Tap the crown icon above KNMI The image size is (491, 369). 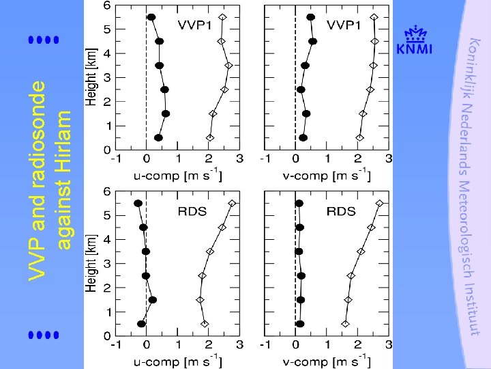415,34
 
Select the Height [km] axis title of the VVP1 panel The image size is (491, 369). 91,77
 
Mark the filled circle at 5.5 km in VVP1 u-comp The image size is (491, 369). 151,17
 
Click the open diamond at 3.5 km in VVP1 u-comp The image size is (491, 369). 228,66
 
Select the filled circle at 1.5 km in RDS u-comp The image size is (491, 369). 153,300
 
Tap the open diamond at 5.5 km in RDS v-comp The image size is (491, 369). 380,203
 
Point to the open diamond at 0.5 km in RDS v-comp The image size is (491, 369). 345,324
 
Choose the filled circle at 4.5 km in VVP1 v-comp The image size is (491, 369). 312,41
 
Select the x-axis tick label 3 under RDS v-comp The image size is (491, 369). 389,346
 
